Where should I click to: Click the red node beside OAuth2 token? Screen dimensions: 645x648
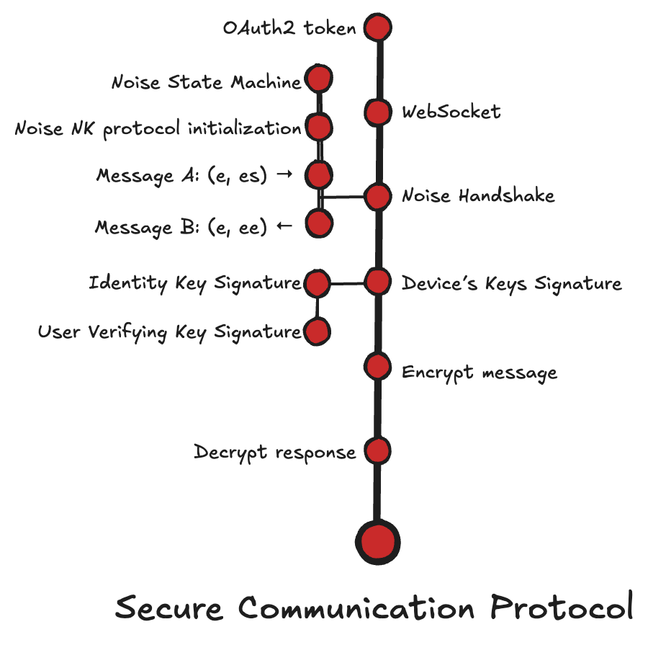[x=377, y=28]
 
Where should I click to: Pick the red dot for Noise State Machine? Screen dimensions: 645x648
[x=318, y=79]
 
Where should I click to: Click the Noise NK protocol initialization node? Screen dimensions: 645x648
[x=318, y=128]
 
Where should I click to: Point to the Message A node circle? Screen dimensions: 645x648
[x=318, y=174]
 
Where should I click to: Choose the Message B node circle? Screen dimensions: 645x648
[x=318, y=223]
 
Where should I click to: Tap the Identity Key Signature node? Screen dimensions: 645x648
[x=317, y=284]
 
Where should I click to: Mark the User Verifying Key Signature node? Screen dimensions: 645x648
[x=317, y=332]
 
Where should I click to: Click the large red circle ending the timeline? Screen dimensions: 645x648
[x=377, y=541]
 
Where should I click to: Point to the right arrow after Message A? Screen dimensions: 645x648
[x=283, y=175]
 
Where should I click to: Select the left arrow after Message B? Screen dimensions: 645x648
[x=284, y=227]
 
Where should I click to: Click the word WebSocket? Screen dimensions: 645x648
[x=451, y=112]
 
